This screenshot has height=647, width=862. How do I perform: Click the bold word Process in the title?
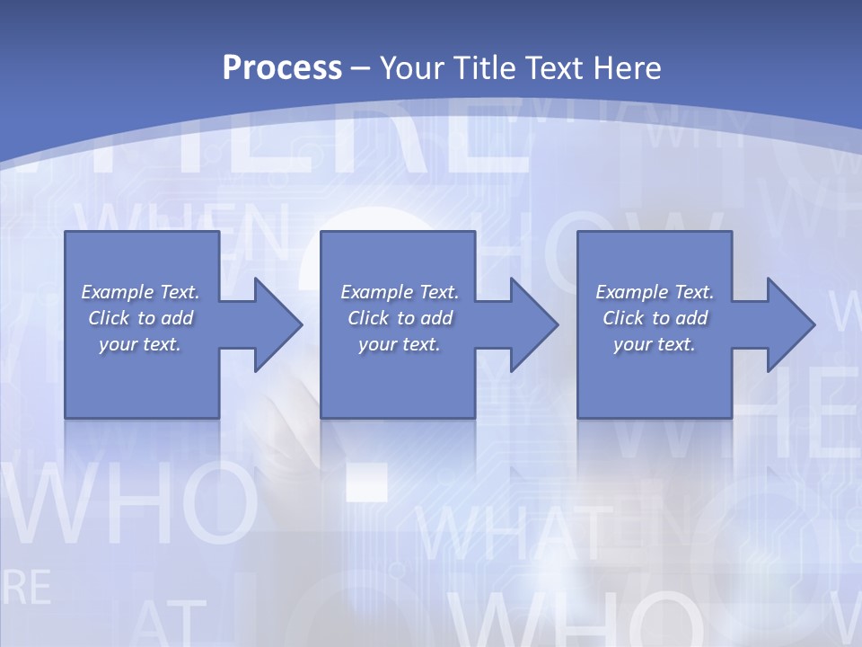pyautogui.click(x=282, y=68)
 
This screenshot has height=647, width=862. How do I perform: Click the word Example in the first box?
pyautogui.click(x=117, y=292)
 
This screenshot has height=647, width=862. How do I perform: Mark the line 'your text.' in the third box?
pyautogui.click(x=654, y=344)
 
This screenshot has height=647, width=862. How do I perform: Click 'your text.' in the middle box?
pyautogui.click(x=399, y=344)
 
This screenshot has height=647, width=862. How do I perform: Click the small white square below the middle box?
pyautogui.click(x=366, y=482)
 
